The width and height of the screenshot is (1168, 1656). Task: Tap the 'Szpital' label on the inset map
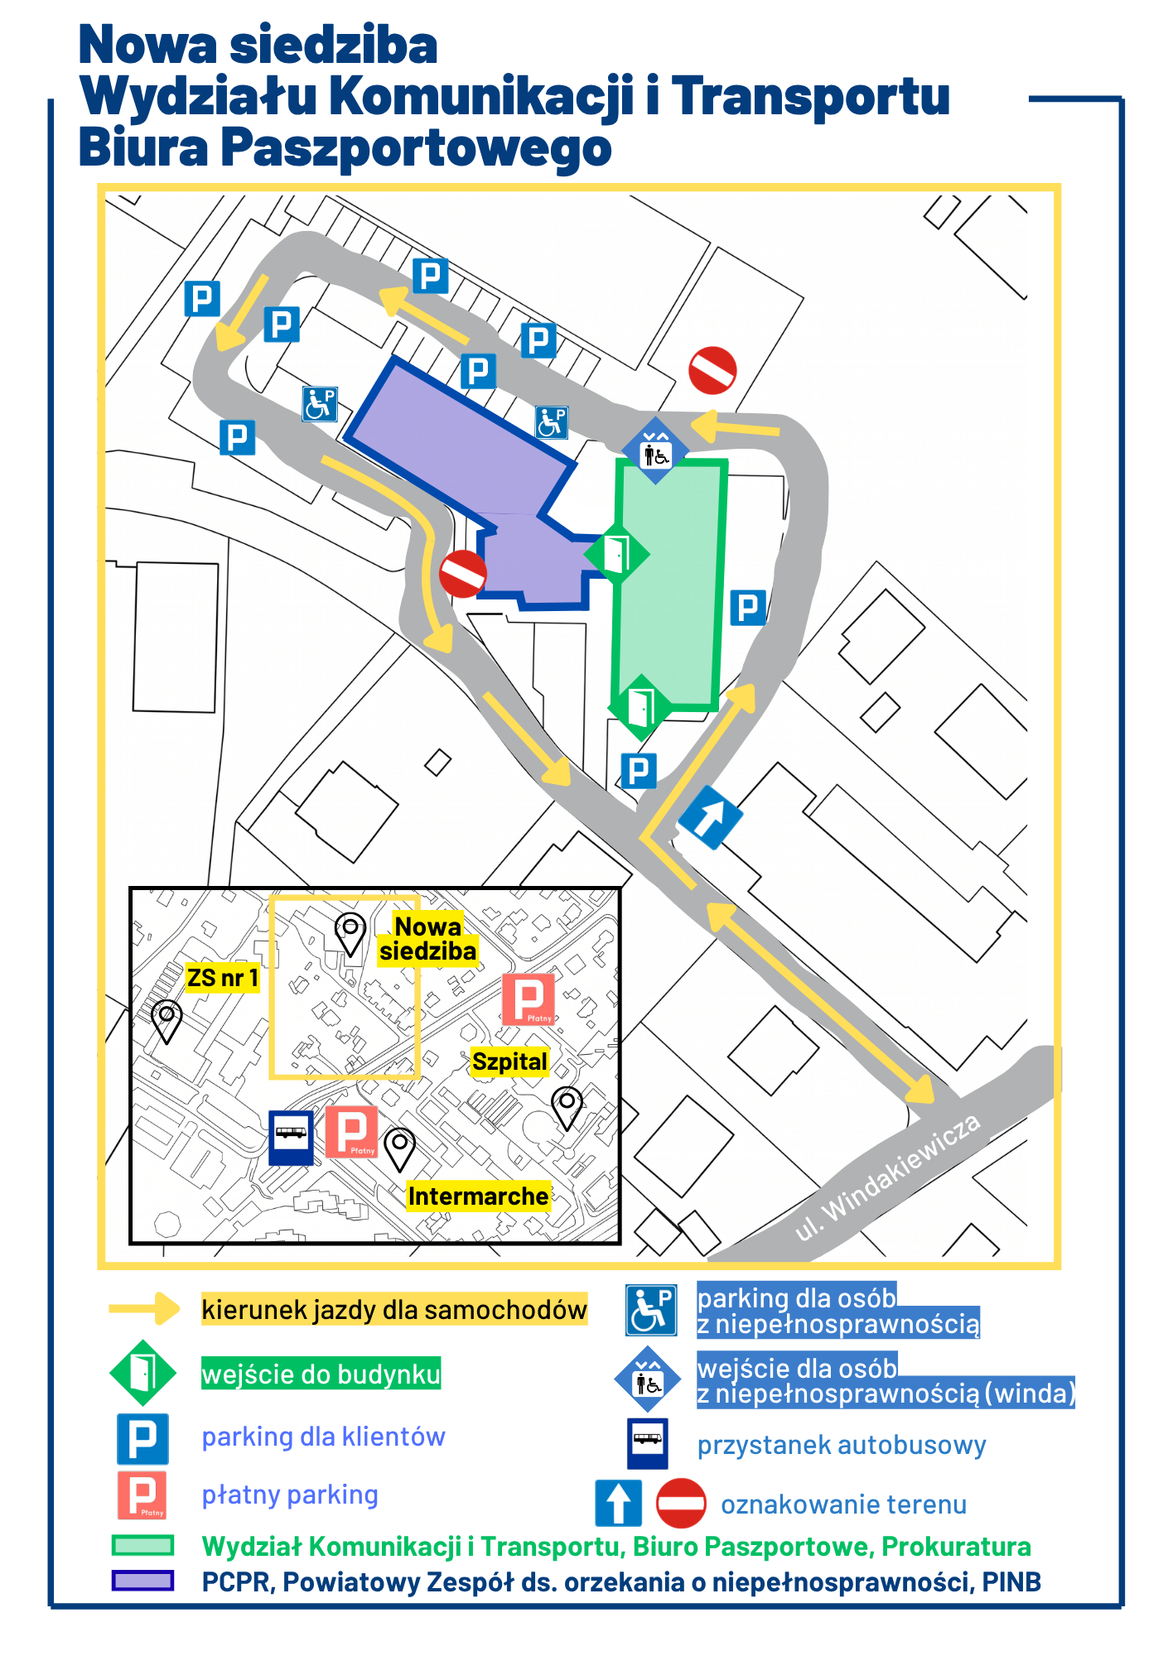(x=509, y=1061)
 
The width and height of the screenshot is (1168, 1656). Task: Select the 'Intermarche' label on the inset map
(x=478, y=1196)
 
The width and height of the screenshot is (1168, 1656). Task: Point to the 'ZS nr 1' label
(x=223, y=978)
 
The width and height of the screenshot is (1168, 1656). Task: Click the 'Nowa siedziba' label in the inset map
(x=428, y=938)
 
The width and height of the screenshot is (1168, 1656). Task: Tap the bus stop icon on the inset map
(x=291, y=1137)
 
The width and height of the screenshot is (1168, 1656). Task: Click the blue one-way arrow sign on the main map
(x=710, y=817)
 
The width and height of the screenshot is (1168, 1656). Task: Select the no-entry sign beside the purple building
(x=462, y=573)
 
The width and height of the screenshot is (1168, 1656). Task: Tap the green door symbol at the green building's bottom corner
(x=640, y=708)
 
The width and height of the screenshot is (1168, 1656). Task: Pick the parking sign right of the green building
(x=748, y=608)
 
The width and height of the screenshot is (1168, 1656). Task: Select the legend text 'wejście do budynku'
(x=321, y=1374)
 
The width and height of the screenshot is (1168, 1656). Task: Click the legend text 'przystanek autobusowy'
(x=842, y=1445)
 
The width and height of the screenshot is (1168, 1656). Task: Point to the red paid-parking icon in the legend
(x=142, y=1495)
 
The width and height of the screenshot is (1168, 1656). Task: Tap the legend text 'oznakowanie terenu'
(x=843, y=1504)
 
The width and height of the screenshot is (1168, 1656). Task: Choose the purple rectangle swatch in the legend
(x=143, y=1581)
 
